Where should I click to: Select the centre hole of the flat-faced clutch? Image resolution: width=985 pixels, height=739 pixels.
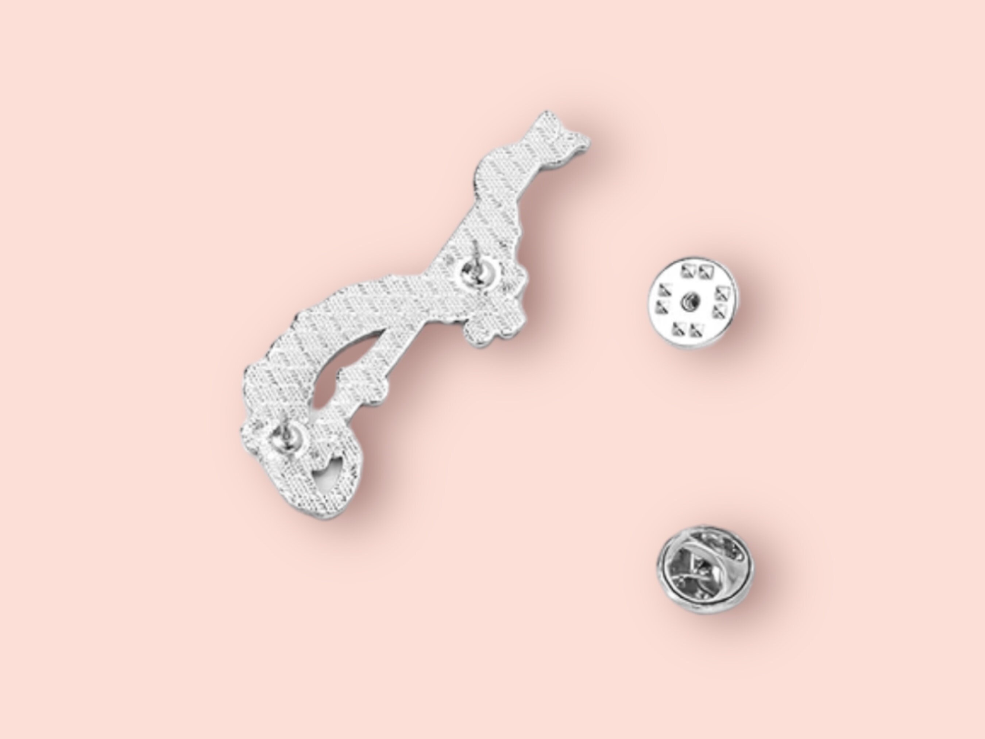[691, 303]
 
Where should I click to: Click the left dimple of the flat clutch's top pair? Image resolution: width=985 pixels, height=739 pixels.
[688, 271]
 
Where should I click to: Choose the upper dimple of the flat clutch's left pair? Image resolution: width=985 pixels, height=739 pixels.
[664, 290]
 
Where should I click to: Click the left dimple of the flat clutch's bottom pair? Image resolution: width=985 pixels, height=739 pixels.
[679, 330]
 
